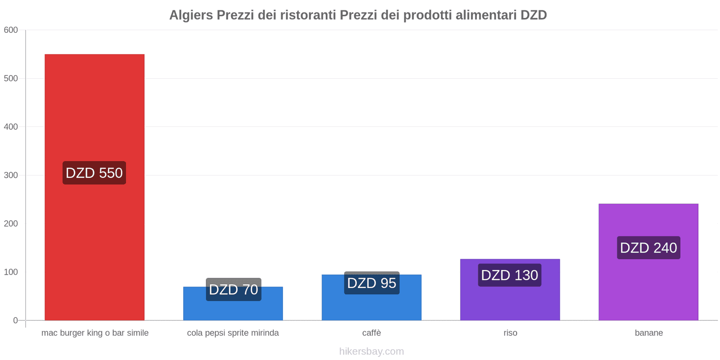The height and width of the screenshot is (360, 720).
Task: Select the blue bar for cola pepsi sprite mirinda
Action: point(233,310)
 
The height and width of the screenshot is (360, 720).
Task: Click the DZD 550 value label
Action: point(94,173)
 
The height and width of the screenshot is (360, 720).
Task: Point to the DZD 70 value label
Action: point(234,289)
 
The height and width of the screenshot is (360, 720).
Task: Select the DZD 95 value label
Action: point(372,283)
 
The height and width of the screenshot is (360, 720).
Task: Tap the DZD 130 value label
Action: point(509,275)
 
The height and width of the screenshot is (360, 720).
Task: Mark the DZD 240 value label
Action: point(648,247)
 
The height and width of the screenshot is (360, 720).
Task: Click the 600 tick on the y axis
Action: point(11,30)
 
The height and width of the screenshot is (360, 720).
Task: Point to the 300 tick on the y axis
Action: point(11,175)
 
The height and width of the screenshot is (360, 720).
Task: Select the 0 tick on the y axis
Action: point(15,320)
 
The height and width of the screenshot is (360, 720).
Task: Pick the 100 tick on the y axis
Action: point(11,272)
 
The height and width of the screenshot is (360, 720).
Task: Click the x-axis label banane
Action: point(648,333)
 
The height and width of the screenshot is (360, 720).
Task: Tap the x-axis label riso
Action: point(510,333)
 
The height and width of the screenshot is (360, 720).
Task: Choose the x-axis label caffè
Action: point(372,333)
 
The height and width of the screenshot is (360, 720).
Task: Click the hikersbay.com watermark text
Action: point(372,351)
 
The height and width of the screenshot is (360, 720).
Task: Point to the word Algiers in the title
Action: point(191,15)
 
